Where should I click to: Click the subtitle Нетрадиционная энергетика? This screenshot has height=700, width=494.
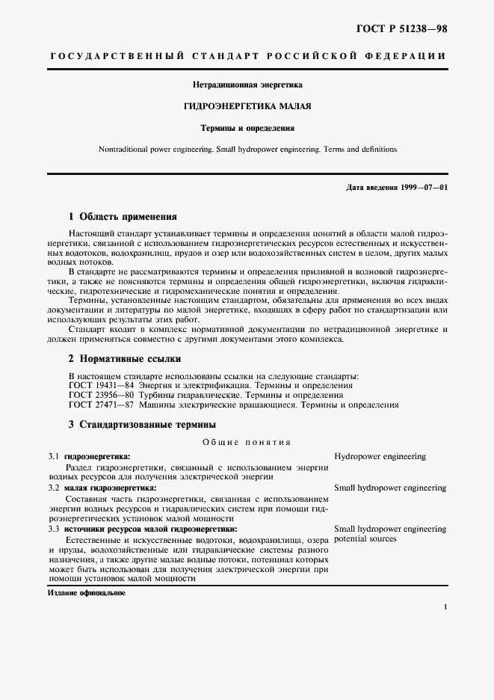coord(247,85)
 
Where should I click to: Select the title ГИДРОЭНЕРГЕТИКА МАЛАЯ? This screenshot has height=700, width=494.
coord(247,106)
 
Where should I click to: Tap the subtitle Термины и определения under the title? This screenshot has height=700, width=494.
coord(247,128)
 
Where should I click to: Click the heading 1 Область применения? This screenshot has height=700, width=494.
coord(123,217)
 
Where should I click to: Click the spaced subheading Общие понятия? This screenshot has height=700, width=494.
coord(247,442)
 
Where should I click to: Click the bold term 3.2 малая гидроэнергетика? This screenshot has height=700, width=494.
coord(102,488)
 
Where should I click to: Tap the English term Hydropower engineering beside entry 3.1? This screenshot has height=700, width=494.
coord(380,455)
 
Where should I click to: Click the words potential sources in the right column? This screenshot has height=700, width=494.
coord(365,538)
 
